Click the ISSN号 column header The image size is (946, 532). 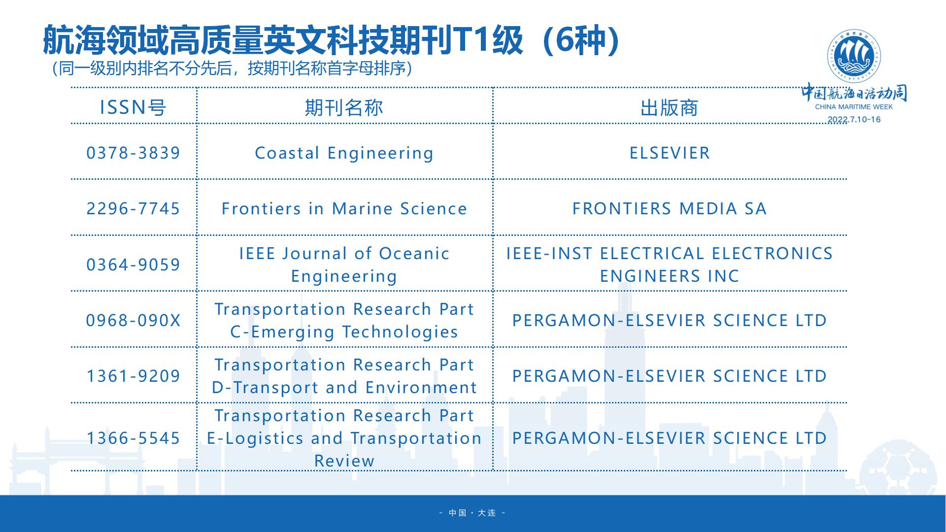133,107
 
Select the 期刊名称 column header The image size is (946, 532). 344,107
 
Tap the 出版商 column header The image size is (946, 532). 670,108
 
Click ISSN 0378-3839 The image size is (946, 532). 133,153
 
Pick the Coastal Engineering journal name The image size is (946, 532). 344,153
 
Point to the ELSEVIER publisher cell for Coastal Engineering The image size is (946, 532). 670,153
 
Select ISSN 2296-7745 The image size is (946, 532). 133,208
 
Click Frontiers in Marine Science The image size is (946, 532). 344,208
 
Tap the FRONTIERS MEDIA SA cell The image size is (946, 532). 670,208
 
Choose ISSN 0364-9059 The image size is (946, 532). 133,265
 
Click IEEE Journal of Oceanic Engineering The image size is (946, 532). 344,265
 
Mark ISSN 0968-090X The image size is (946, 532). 133,320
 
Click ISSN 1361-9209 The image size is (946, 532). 133,376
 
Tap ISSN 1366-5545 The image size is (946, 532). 133,438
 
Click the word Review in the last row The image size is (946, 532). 344,461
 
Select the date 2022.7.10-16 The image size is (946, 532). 854,120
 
